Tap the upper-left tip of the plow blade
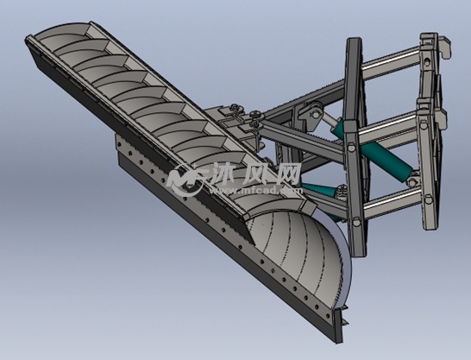pyautogui.click(x=31, y=39)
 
